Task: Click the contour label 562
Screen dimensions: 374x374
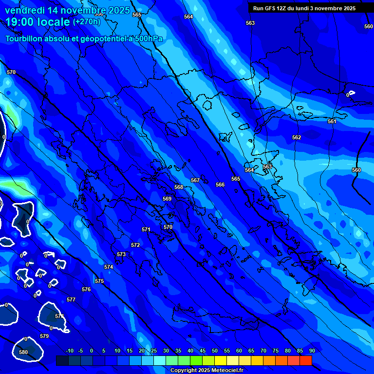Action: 297,137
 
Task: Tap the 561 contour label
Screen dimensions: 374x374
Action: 332,121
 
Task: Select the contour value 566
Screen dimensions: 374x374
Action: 220,185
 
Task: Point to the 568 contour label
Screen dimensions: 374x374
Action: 179,187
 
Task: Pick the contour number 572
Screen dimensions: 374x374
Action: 135,245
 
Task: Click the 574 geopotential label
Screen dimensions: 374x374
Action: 109,267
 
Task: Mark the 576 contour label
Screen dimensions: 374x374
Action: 86,289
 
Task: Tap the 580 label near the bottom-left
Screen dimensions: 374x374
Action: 23,352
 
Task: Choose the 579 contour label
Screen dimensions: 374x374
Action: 44,336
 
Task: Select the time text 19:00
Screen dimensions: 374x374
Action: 21,21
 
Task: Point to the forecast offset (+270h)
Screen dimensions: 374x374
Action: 86,22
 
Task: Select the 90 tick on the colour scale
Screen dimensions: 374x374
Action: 312,351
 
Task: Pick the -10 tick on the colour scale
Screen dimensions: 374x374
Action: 69,351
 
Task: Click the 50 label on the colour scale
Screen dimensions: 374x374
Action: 214,351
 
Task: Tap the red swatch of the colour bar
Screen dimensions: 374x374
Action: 306,360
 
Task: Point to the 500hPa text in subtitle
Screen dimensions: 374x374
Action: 145,39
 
